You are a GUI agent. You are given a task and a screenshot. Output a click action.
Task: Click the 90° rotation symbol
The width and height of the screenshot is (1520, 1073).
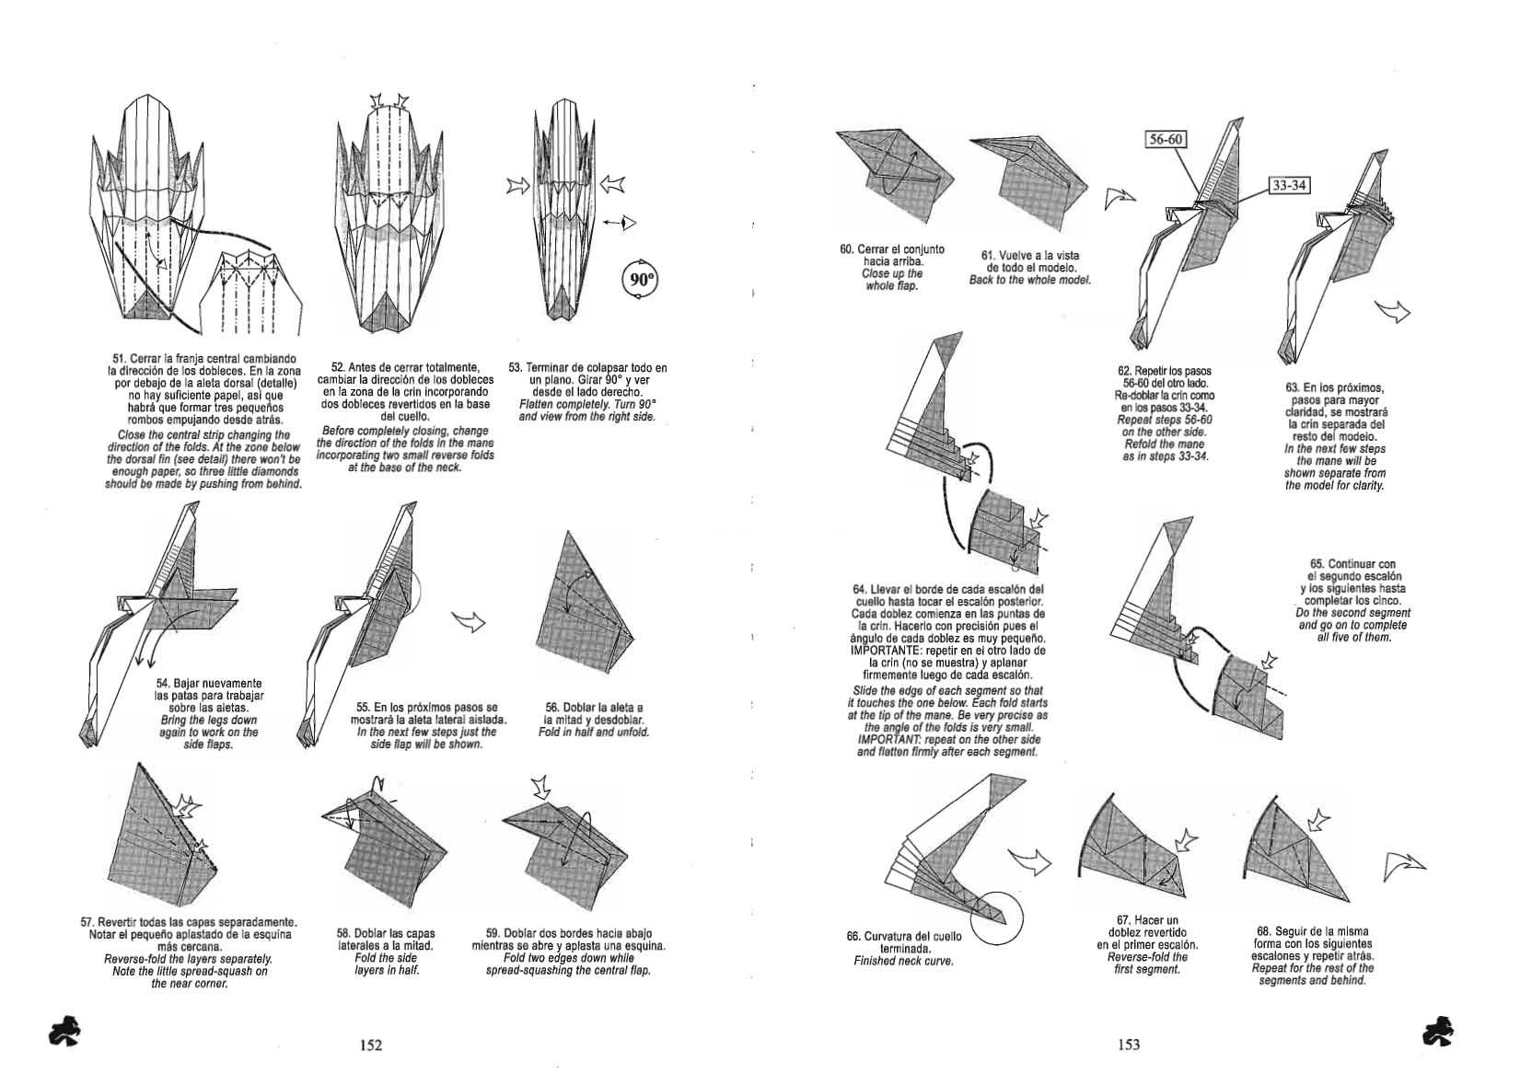[x=642, y=279]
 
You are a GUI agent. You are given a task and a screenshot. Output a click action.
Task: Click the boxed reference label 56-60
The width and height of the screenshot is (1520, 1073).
[x=1166, y=139]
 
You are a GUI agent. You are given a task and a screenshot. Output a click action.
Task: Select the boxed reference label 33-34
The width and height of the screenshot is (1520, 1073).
[x=1288, y=186]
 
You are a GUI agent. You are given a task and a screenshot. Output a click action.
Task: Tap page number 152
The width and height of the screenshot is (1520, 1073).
[x=371, y=1044]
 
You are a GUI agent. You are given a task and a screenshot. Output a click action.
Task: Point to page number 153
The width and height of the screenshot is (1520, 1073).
[x=1129, y=1044]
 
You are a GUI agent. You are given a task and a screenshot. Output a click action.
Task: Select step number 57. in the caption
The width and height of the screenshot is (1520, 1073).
[x=88, y=922]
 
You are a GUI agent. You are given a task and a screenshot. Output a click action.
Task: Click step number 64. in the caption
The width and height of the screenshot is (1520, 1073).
[x=860, y=589]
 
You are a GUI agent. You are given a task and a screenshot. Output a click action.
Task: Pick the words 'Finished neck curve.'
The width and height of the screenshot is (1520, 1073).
[x=903, y=962]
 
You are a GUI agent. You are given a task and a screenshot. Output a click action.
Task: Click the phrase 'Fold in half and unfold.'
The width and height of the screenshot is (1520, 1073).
[x=594, y=733]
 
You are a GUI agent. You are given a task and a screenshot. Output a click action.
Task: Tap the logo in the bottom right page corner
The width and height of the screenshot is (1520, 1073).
[x=1436, y=1032]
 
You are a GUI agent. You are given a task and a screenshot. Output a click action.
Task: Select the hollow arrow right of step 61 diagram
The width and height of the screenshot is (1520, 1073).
[x=1119, y=196]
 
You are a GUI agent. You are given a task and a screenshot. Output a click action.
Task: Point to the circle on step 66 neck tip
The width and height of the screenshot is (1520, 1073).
[x=997, y=917]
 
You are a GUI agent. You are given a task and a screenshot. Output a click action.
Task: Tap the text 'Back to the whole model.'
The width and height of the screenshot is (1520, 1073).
[x=1029, y=280]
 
